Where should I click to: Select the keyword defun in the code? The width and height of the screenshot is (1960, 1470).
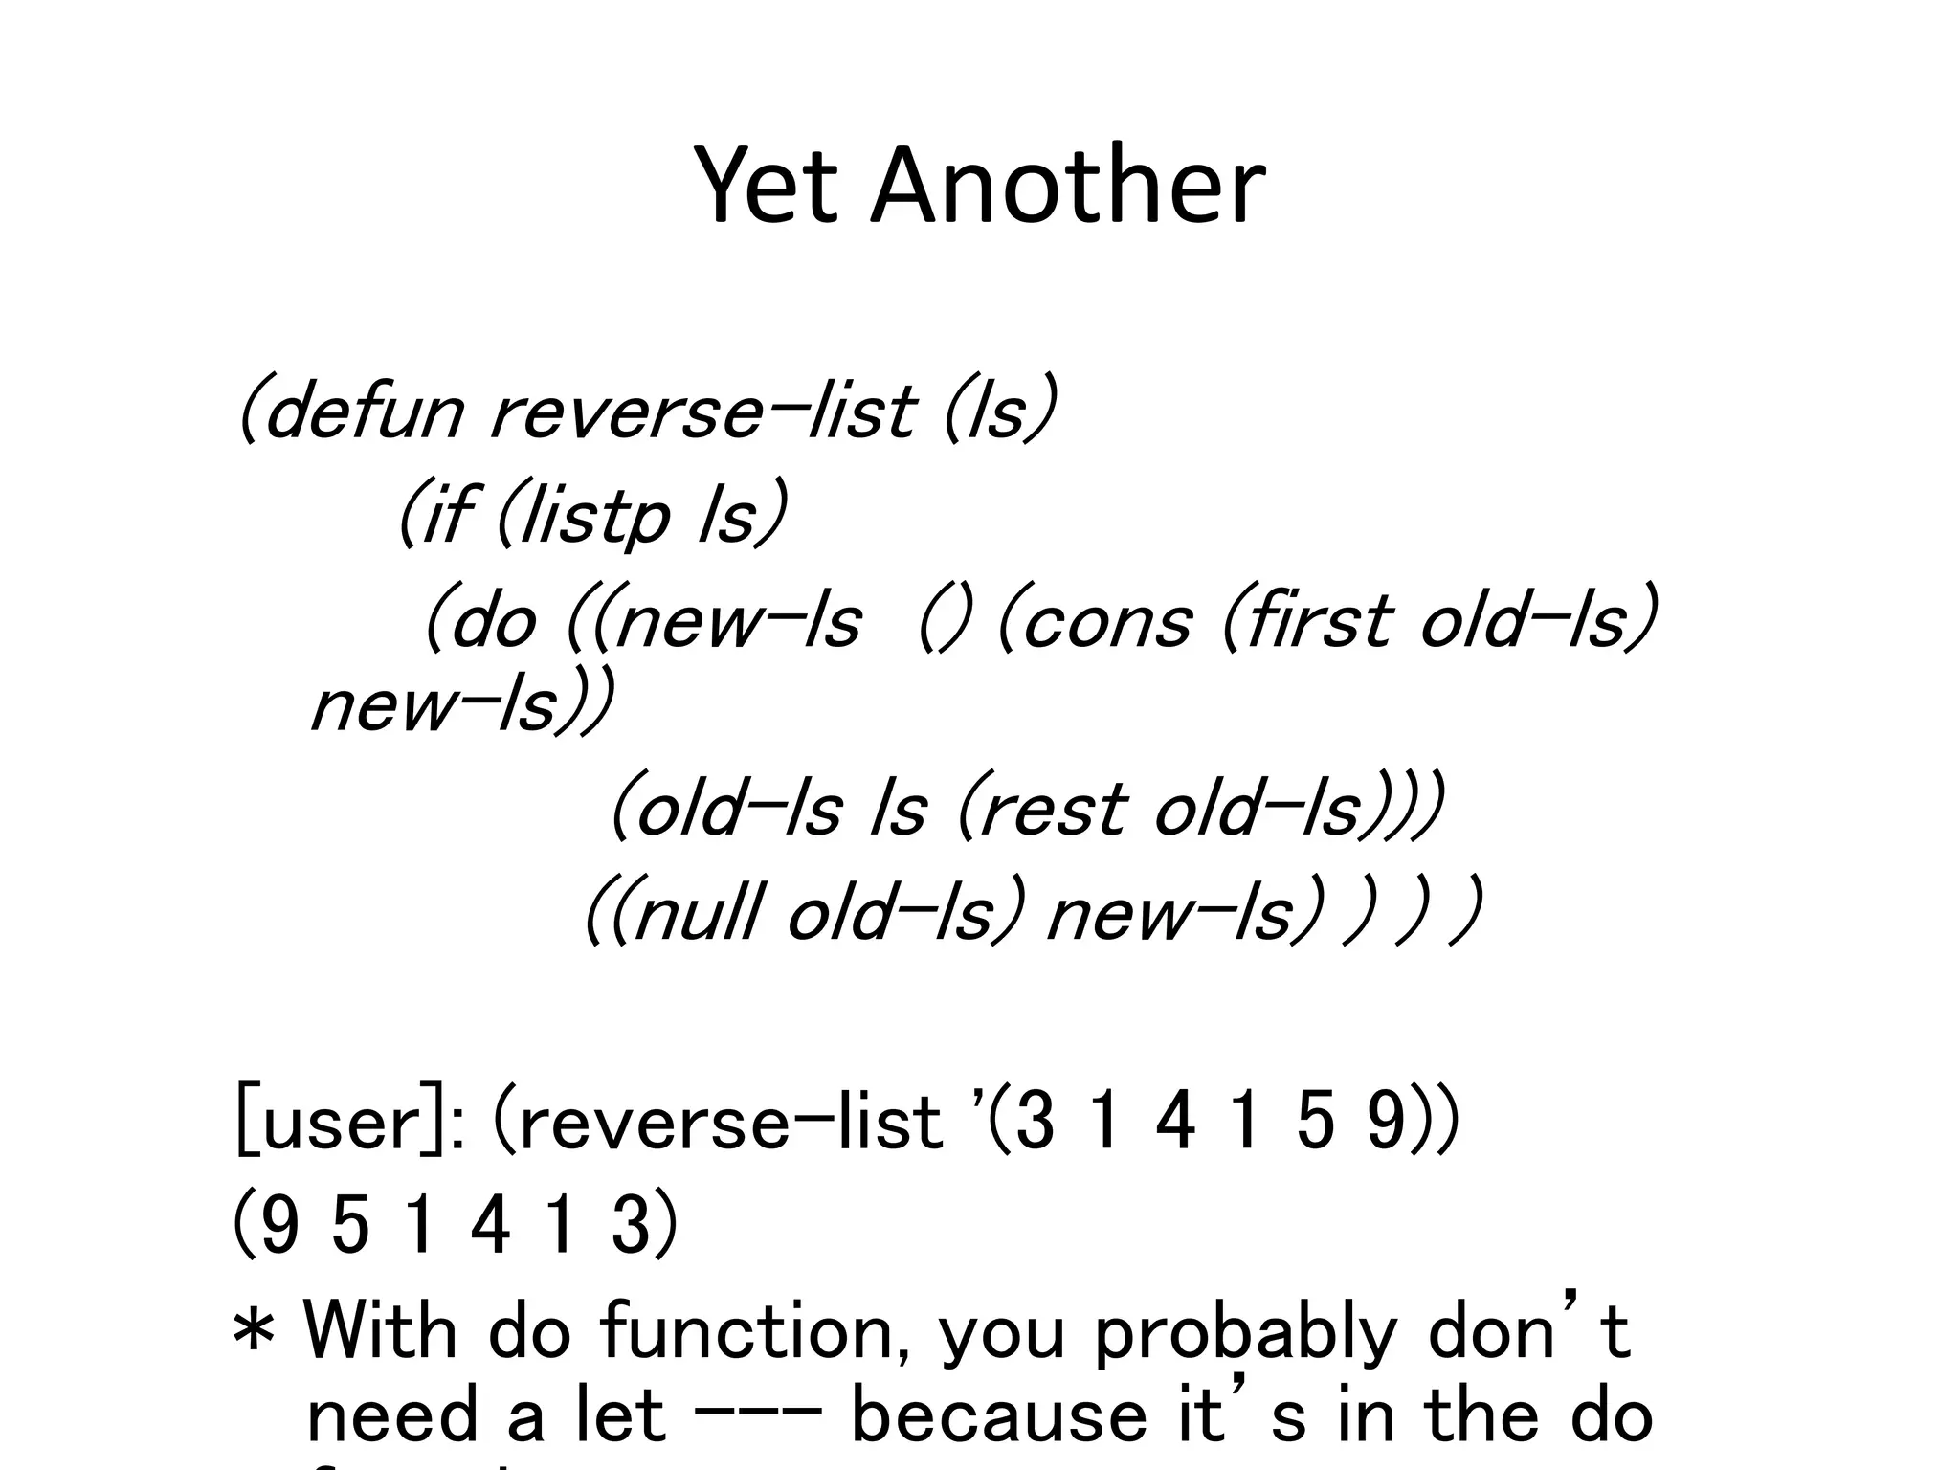(x=362, y=412)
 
